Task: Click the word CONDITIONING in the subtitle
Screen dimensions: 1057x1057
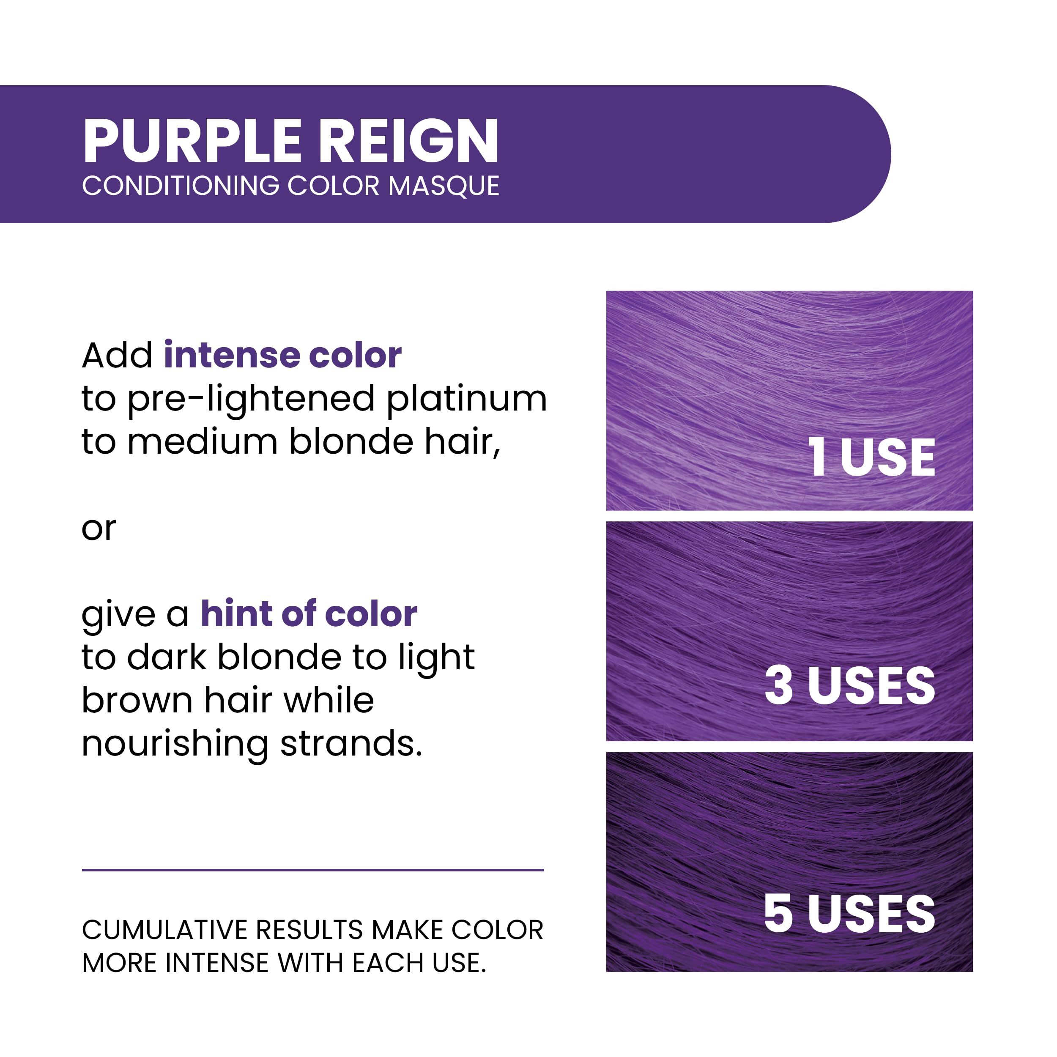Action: [181, 186]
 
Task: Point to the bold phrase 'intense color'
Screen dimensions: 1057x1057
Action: [282, 355]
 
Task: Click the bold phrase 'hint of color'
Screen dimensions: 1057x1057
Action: [309, 613]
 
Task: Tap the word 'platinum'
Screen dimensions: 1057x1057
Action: [467, 400]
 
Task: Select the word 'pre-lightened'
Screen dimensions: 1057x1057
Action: [251, 400]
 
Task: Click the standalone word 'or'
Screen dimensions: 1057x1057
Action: [99, 528]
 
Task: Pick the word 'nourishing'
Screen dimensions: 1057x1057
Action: [175, 744]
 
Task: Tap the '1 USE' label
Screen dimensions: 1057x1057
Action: [871, 457]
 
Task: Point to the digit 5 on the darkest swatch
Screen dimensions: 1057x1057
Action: [778, 914]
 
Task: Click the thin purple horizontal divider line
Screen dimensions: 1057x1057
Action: [312, 870]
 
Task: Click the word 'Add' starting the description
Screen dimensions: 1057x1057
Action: [117, 355]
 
